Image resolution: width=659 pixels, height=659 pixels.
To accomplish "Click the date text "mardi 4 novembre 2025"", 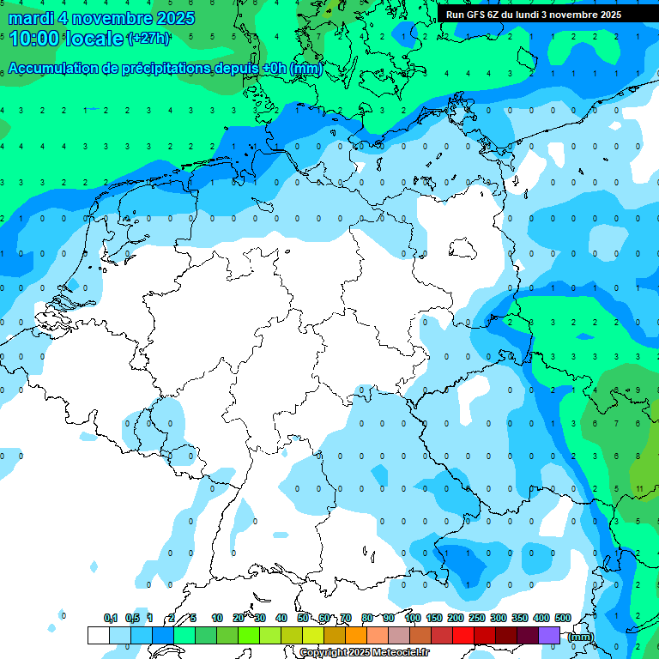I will click(x=101, y=18).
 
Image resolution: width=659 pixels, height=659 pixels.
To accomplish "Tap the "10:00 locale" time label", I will click(x=67, y=39).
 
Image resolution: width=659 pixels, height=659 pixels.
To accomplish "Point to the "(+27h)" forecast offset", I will click(x=148, y=39).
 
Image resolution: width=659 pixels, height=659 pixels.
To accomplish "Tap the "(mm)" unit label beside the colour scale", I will click(x=581, y=637).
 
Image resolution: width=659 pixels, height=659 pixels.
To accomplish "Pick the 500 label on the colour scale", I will click(x=563, y=618).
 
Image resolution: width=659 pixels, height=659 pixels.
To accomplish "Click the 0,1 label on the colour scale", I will click(x=111, y=618).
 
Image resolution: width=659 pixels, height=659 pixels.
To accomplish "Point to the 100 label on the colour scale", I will click(x=413, y=618).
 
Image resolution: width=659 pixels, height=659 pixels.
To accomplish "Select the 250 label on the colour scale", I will click(x=477, y=618).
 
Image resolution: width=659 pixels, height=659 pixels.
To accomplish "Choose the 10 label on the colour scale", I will click(x=217, y=618).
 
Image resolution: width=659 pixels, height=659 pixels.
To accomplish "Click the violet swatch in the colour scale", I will click(x=549, y=635).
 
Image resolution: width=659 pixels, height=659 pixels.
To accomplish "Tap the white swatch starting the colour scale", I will click(x=98, y=635).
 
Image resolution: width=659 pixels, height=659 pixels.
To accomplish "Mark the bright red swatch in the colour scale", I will click(x=463, y=635).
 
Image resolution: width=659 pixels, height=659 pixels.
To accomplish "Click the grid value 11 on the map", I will click(x=640, y=488).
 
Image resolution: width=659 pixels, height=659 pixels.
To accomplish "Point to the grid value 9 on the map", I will click(x=638, y=390).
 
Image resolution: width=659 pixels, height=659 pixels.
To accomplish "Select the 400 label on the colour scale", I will click(x=541, y=618).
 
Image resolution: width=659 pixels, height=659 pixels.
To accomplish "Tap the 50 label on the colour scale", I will click(x=303, y=618).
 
